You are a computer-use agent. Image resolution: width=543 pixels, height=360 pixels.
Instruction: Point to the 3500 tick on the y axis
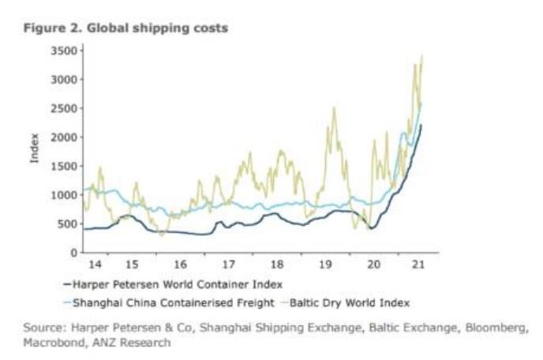coord(62,51)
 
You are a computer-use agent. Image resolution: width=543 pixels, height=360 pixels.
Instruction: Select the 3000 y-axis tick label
coord(62,80)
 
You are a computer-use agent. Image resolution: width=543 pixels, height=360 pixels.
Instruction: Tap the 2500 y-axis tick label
coord(62,108)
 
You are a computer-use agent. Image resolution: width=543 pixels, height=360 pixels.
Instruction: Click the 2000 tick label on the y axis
coord(62,137)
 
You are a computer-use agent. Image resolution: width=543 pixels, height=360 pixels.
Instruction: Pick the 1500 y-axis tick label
coord(62,166)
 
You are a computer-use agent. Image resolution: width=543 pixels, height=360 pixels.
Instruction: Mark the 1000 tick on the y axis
coord(62,195)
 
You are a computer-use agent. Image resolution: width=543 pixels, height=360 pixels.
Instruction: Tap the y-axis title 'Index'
coord(34,152)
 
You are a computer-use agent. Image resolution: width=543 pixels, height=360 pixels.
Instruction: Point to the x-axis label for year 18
coord(276,264)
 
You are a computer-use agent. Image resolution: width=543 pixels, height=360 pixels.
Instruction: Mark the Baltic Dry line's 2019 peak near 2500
coord(335,108)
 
